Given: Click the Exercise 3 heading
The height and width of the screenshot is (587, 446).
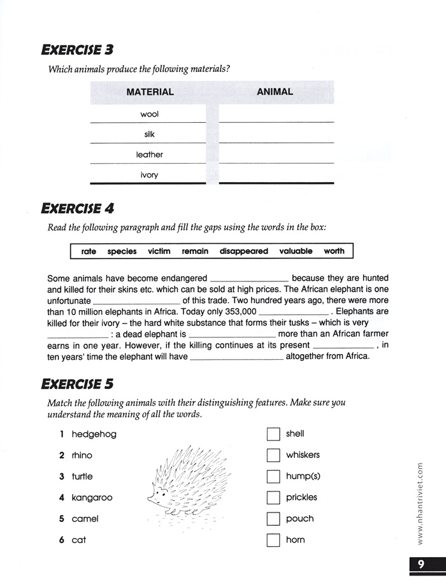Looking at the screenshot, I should pos(77,49).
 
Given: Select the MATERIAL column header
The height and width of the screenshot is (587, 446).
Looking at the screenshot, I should pos(150,92).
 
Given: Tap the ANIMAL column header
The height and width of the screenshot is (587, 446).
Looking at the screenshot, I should pos(275,92).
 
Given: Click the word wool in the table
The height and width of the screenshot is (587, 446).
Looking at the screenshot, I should pos(149,115).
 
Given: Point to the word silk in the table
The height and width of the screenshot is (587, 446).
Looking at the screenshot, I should pos(149,134).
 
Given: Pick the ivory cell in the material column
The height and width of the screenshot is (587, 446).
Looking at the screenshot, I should pos(149,174).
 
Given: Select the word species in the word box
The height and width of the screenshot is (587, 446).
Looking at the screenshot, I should pos(122,251).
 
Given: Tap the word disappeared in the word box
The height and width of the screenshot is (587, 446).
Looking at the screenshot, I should pos(243,251).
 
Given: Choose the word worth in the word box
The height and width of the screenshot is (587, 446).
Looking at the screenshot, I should pos(334,251).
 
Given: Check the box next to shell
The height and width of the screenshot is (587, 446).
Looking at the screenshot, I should pos(273,434).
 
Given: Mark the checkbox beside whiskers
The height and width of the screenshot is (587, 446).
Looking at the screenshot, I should pos(273,455).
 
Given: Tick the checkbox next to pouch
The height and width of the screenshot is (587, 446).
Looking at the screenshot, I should pos(273,519).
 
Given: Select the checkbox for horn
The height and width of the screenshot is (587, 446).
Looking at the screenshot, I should pos(273,541).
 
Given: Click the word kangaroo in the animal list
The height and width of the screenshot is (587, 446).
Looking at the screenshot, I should pos(92,498).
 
